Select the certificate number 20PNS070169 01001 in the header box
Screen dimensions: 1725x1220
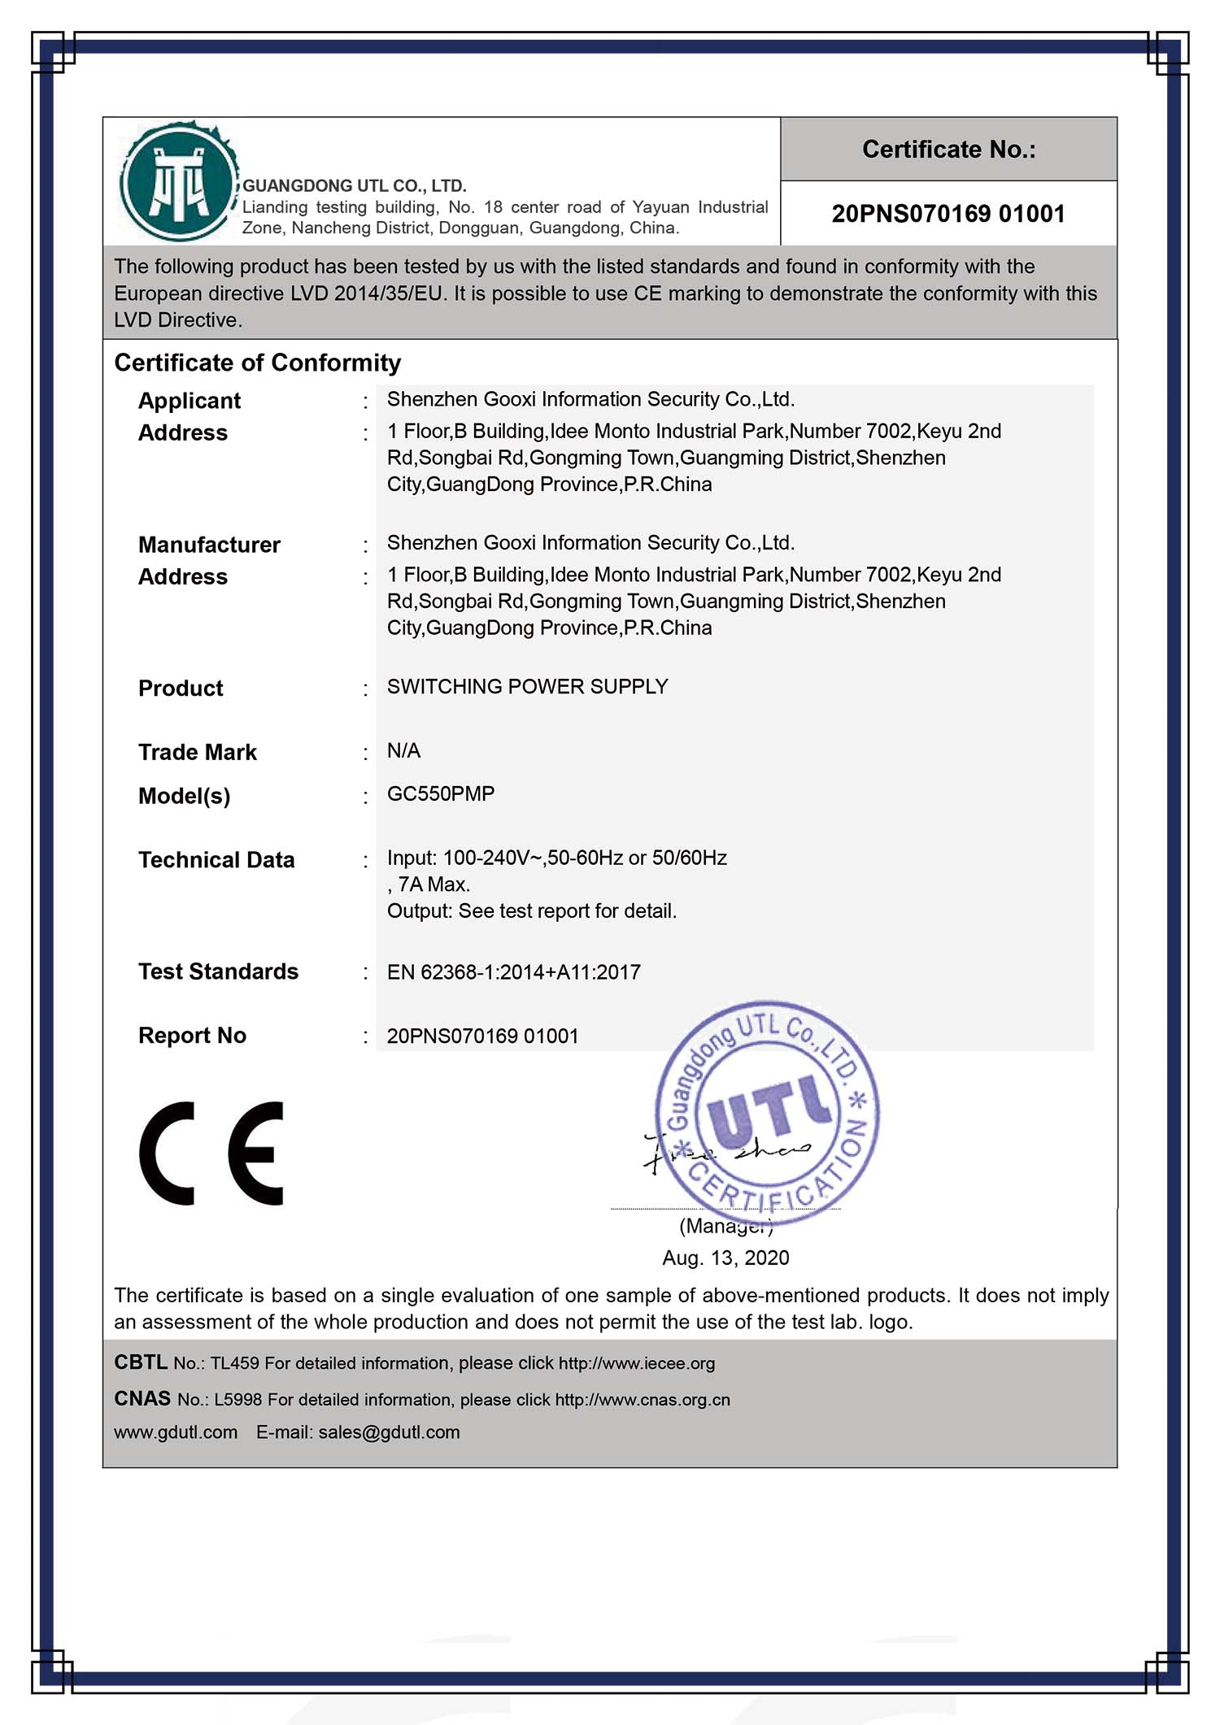[x=948, y=214]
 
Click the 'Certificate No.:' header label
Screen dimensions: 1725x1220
[x=948, y=150]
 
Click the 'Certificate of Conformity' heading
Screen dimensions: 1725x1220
[x=257, y=363]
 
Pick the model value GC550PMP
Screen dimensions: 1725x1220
[x=441, y=793]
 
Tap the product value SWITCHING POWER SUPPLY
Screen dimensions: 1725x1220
[x=527, y=686]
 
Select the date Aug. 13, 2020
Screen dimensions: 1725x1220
[x=725, y=1258]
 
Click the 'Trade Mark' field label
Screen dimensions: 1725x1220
[x=197, y=752]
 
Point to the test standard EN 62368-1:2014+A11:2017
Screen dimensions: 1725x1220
[x=514, y=971]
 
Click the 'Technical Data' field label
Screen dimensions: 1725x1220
[x=216, y=859]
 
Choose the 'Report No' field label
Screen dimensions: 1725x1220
[x=192, y=1035]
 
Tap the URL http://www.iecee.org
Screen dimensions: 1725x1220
[x=637, y=1363]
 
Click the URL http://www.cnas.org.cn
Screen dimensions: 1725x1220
[x=643, y=1400]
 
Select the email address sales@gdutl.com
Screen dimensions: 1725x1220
[x=389, y=1432]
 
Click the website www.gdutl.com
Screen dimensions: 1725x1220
[x=176, y=1432]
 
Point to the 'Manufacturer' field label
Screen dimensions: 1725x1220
[x=209, y=544]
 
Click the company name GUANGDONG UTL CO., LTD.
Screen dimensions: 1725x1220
[x=355, y=186]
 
